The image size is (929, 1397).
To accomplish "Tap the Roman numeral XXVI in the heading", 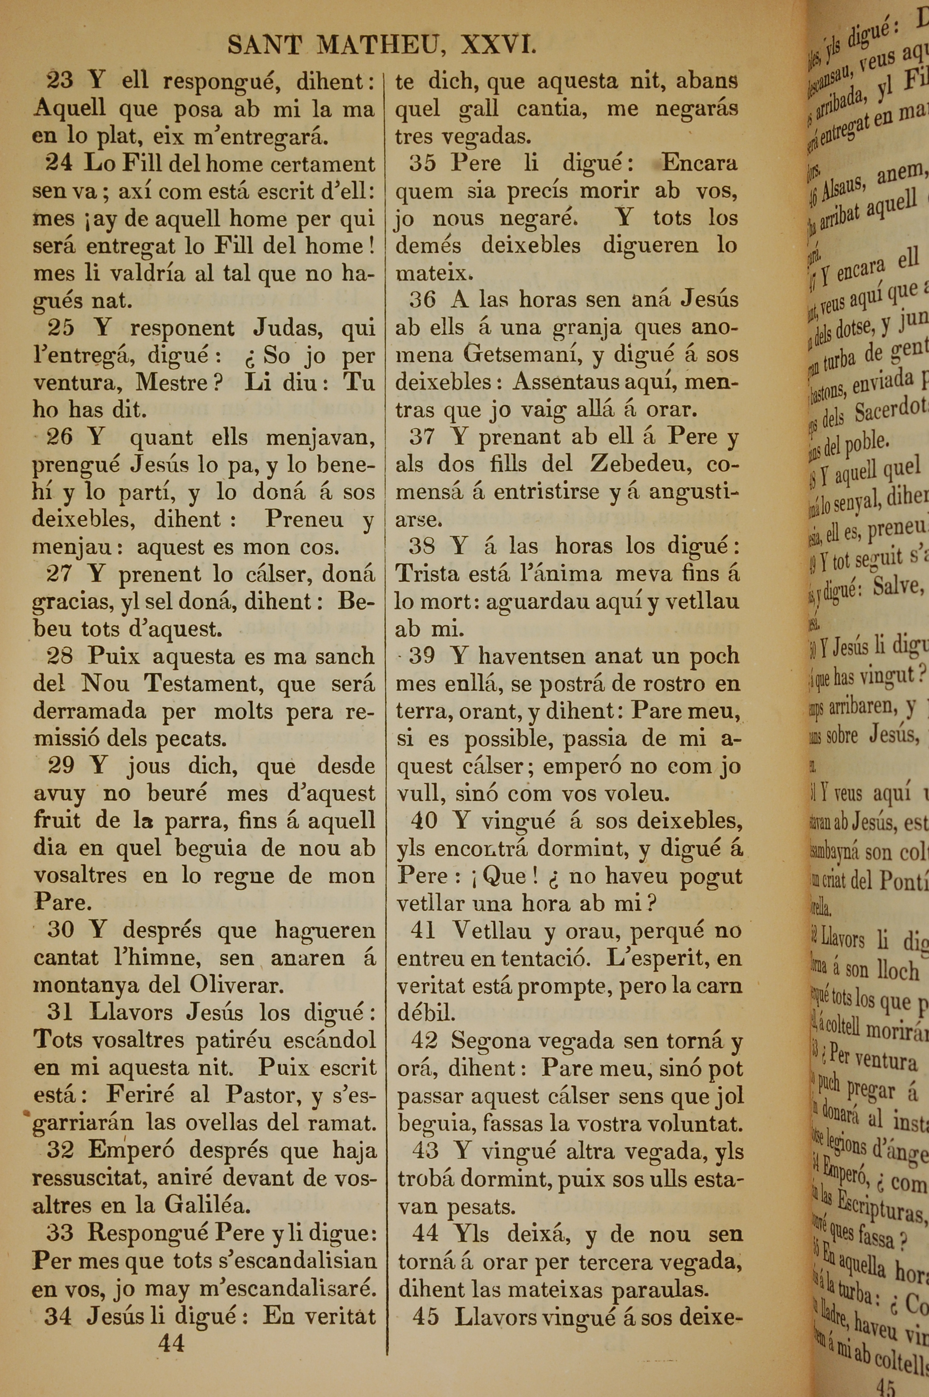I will point(499,45).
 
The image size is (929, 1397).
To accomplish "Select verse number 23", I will point(59,80).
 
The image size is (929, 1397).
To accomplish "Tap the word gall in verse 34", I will point(478,109).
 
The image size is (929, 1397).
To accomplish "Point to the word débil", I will point(426,1012).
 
